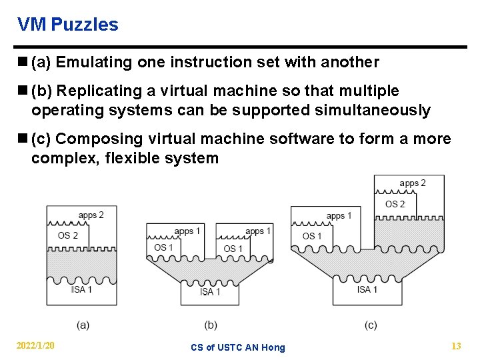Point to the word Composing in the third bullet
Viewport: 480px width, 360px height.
97,139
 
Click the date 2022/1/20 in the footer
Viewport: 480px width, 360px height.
36,345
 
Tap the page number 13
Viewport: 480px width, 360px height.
456,345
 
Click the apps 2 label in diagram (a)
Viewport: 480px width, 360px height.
91,215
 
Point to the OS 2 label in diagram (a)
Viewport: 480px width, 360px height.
68,235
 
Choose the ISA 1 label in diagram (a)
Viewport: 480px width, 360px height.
81,289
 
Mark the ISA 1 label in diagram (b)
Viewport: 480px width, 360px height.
210,291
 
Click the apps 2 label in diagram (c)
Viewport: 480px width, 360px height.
413,183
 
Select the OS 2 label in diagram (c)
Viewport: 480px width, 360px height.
395,204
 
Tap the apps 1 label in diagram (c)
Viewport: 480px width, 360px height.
339,216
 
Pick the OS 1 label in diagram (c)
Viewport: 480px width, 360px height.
312,236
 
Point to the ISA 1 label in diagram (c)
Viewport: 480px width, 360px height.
367,289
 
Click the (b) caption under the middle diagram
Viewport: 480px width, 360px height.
211,325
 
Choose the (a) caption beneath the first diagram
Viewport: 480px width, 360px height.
83,325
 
